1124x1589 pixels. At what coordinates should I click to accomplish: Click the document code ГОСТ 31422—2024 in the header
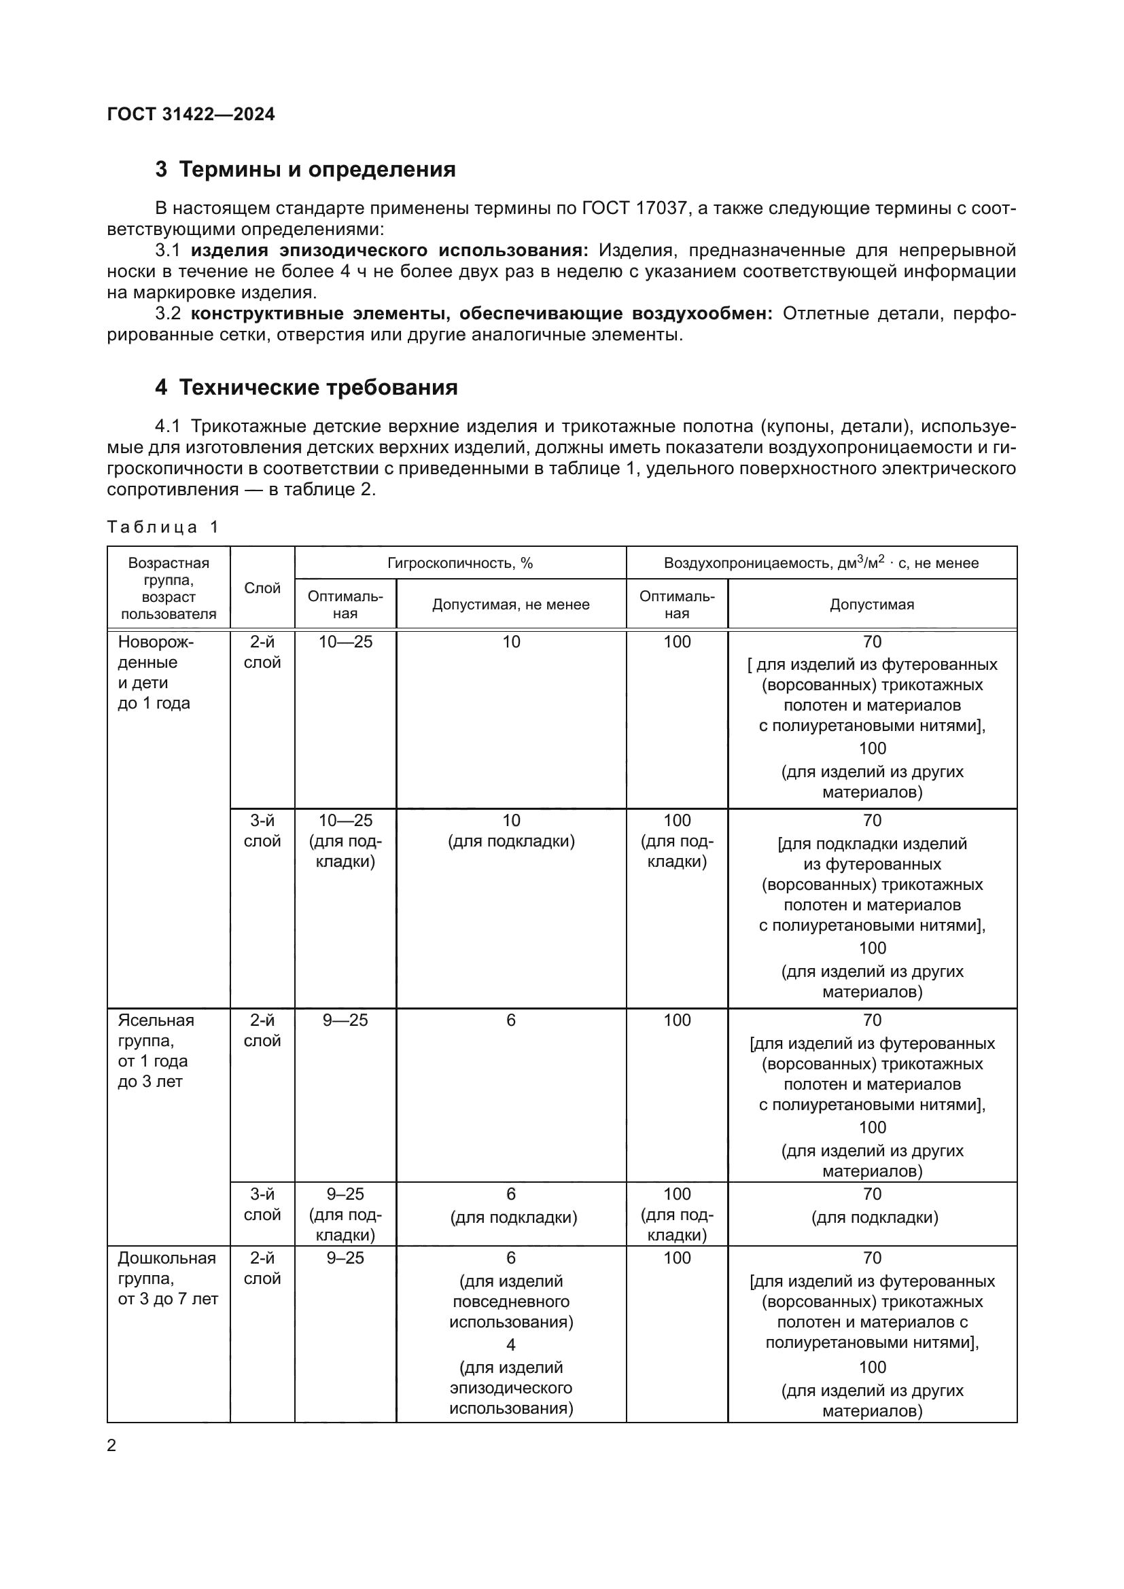click(x=191, y=114)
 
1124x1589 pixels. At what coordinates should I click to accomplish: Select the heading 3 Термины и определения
click(x=305, y=170)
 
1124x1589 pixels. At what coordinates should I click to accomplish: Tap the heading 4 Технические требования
click(x=306, y=387)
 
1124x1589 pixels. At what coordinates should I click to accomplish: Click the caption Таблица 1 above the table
click(x=162, y=527)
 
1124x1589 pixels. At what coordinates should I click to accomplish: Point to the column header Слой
click(x=262, y=588)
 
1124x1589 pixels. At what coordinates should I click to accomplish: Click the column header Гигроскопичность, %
click(x=460, y=563)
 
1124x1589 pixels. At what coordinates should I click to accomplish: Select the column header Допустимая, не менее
click(x=511, y=605)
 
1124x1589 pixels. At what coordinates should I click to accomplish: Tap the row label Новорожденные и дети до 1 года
click(x=156, y=672)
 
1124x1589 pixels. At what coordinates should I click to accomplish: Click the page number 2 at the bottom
click(x=111, y=1445)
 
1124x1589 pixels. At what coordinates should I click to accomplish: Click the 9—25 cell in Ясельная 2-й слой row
click(x=345, y=1020)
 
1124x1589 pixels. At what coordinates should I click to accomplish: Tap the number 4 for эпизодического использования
click(x=511, y=1344)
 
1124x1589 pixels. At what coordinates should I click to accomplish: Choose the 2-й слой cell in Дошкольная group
click(x=262, y=1268)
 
